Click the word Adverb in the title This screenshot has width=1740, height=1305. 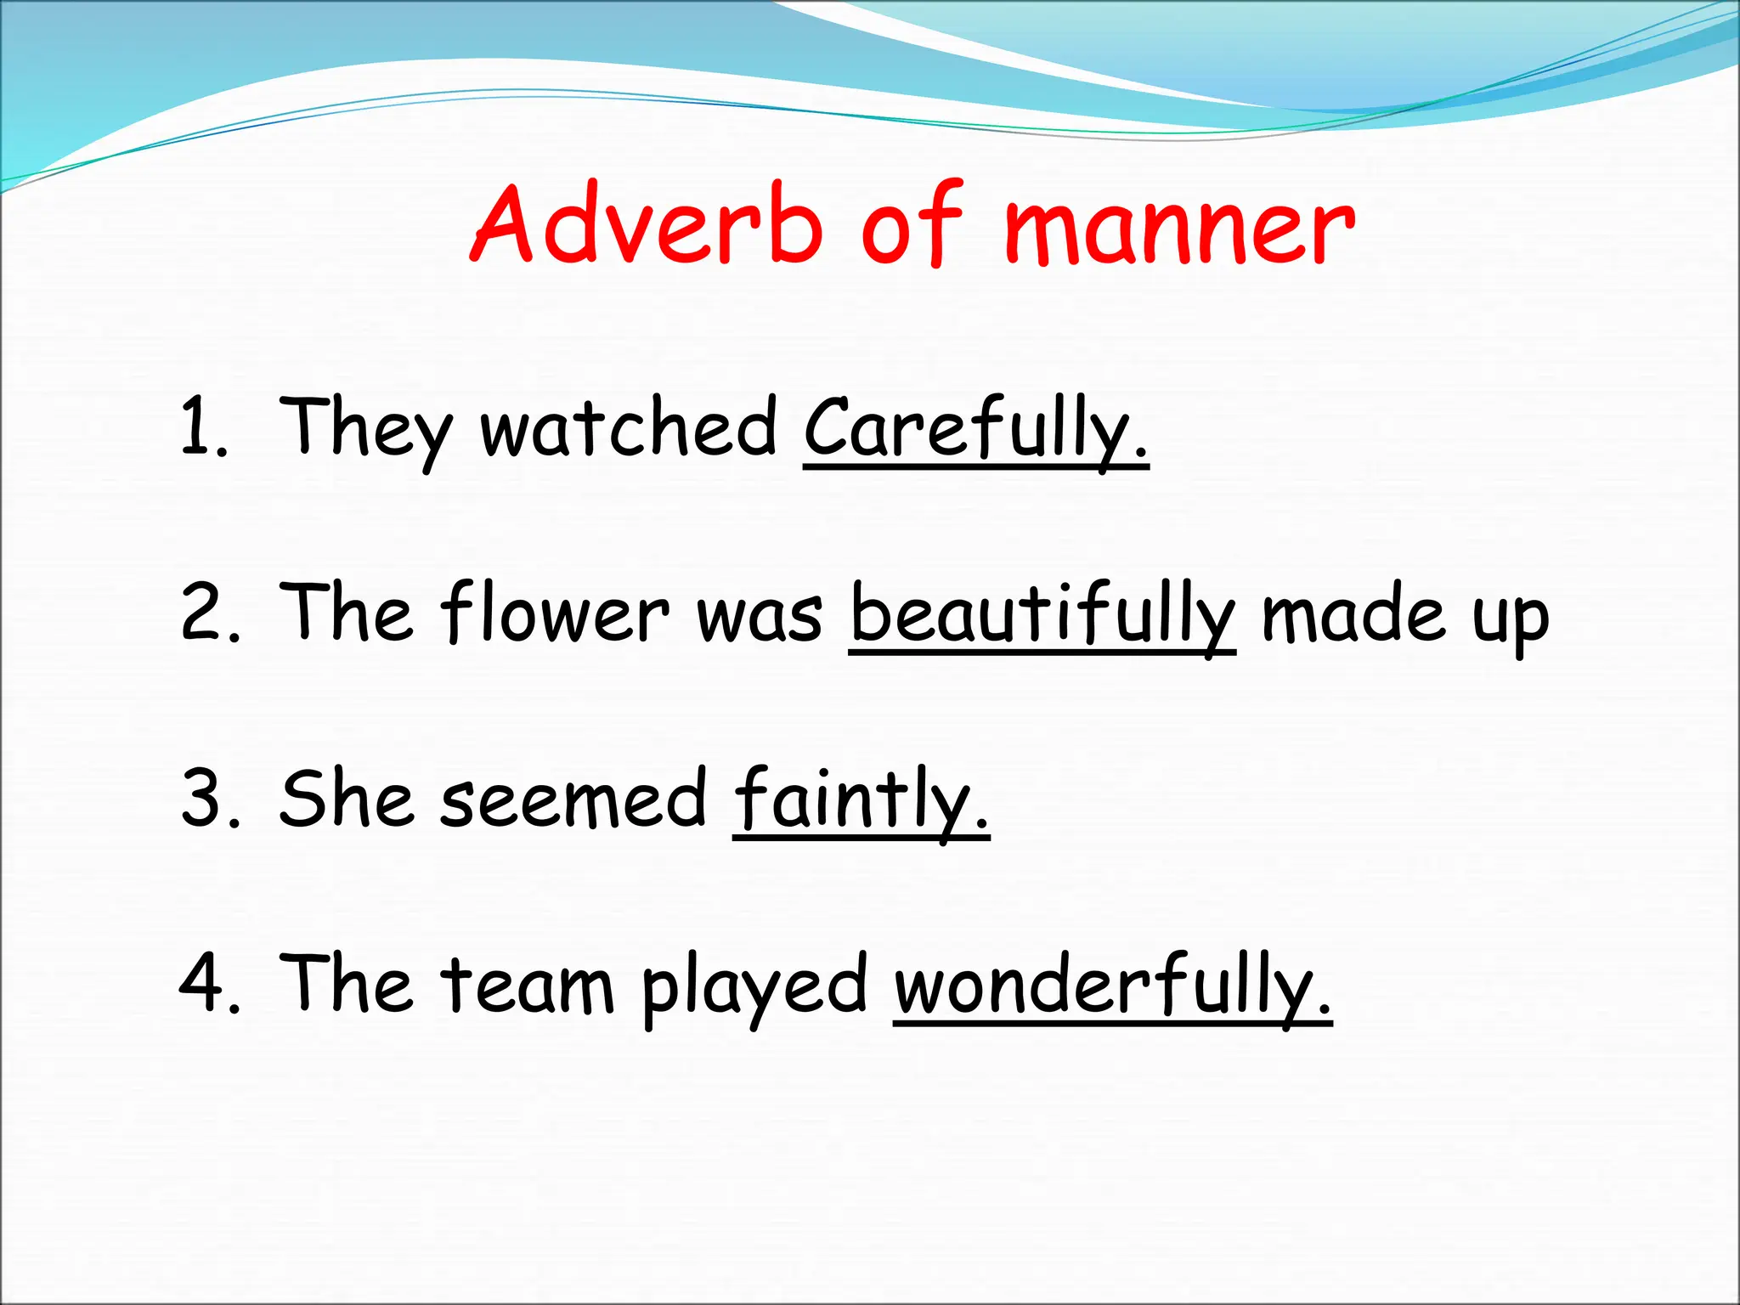[647, 225]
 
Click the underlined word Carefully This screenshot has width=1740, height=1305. [975, 429]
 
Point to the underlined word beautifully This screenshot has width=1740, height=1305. [1042, 614]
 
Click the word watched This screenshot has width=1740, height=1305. [629, 427]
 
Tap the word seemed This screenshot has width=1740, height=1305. [573, 799]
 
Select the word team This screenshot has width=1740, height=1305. [527, 986]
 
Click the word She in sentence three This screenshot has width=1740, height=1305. [347, 798]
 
